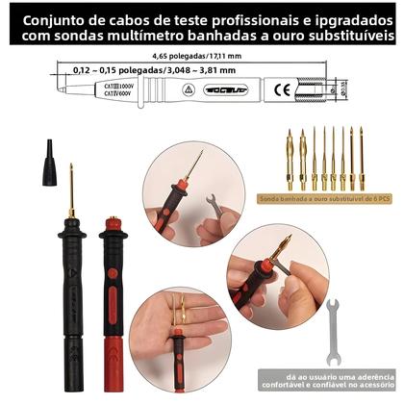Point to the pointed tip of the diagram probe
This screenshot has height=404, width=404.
point(49,92)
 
